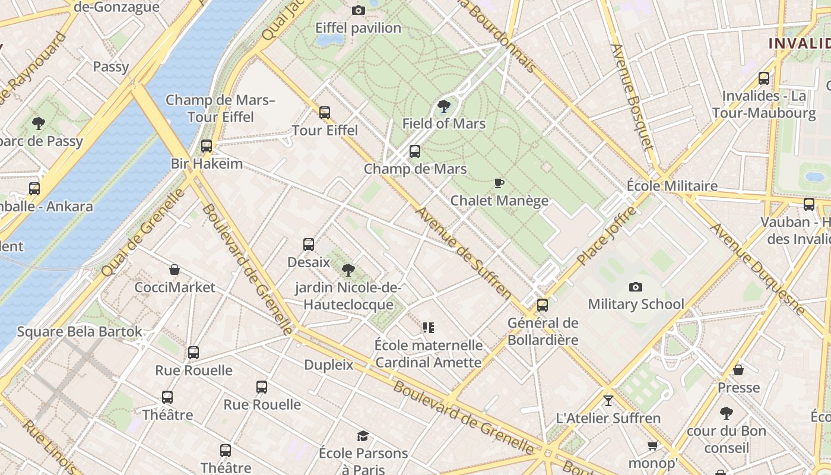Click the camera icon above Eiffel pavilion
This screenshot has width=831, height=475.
(x=358, y=10)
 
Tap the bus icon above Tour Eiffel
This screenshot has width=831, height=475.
(x=324, y=112)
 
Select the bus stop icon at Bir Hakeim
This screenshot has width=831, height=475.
(x=207, y=145)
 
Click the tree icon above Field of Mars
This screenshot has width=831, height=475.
(x=443, y=106)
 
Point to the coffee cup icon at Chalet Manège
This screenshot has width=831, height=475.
(x=499, y=183)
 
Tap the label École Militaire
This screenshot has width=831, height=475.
(x=672, y=186)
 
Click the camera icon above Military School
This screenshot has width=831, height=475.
(x=636, y=287)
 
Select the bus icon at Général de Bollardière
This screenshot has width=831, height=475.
(x=543, y=305)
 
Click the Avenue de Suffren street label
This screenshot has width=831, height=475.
(x=463, y=252)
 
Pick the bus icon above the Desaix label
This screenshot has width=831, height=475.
(x=309, y=244)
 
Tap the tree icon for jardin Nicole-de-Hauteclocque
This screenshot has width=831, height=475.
(x=348, y=270)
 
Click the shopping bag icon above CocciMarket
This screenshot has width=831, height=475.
(x=175, y=270)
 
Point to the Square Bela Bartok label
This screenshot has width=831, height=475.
(x=80, y=331)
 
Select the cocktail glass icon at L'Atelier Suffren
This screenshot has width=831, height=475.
(x=608, y=400)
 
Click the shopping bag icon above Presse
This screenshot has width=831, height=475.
(x=738, y=370)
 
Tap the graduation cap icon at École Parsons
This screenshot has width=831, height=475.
(x=363, y=436)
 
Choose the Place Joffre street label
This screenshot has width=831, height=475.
(x=606, y=236)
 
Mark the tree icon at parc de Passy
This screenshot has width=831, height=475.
(x=39, y=123)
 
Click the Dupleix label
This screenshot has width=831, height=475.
(x=328, y=365)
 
